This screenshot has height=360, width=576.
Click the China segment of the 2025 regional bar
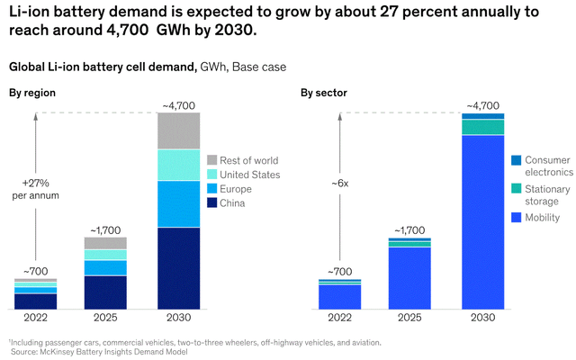pos(105,292)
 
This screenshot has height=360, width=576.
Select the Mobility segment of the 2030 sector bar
pos(483,221)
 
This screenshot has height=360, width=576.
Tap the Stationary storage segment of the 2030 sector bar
pos(483,127)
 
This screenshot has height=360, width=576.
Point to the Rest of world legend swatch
pos(212,160)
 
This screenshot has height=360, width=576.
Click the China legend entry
pos(234,203)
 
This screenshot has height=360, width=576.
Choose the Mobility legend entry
pos(540,217)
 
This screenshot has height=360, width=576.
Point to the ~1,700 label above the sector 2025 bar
pos(409,230)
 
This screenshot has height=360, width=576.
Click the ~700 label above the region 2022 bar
pos(35,271)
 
